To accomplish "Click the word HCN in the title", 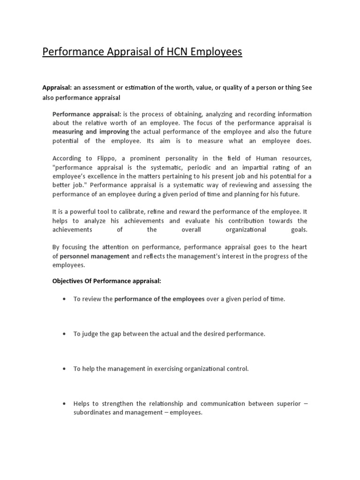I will (169, 52).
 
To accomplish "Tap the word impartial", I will (267, 167).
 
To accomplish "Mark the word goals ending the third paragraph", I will (299, 230).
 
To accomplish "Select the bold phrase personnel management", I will (95, 256).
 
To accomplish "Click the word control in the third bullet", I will (238, 368).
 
